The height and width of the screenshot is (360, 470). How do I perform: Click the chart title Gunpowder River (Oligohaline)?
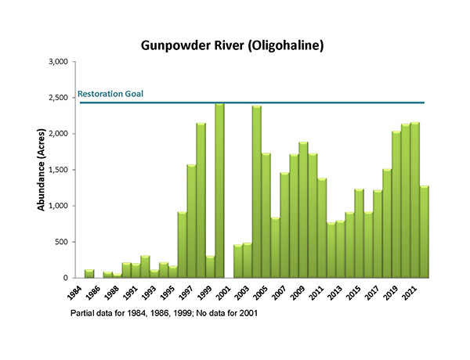(x=233, y=45)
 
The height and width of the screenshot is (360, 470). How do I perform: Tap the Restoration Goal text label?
(x=110, y=94)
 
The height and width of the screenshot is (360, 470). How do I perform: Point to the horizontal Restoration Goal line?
(x=313, y=103)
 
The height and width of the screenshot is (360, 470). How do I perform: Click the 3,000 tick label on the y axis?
(x=55, y=62)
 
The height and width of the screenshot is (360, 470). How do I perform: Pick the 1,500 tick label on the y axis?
(x=55, y=170)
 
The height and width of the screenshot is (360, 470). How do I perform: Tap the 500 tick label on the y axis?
(x=60, y=242)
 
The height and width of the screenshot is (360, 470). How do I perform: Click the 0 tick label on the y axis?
(x=66, y=278)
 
